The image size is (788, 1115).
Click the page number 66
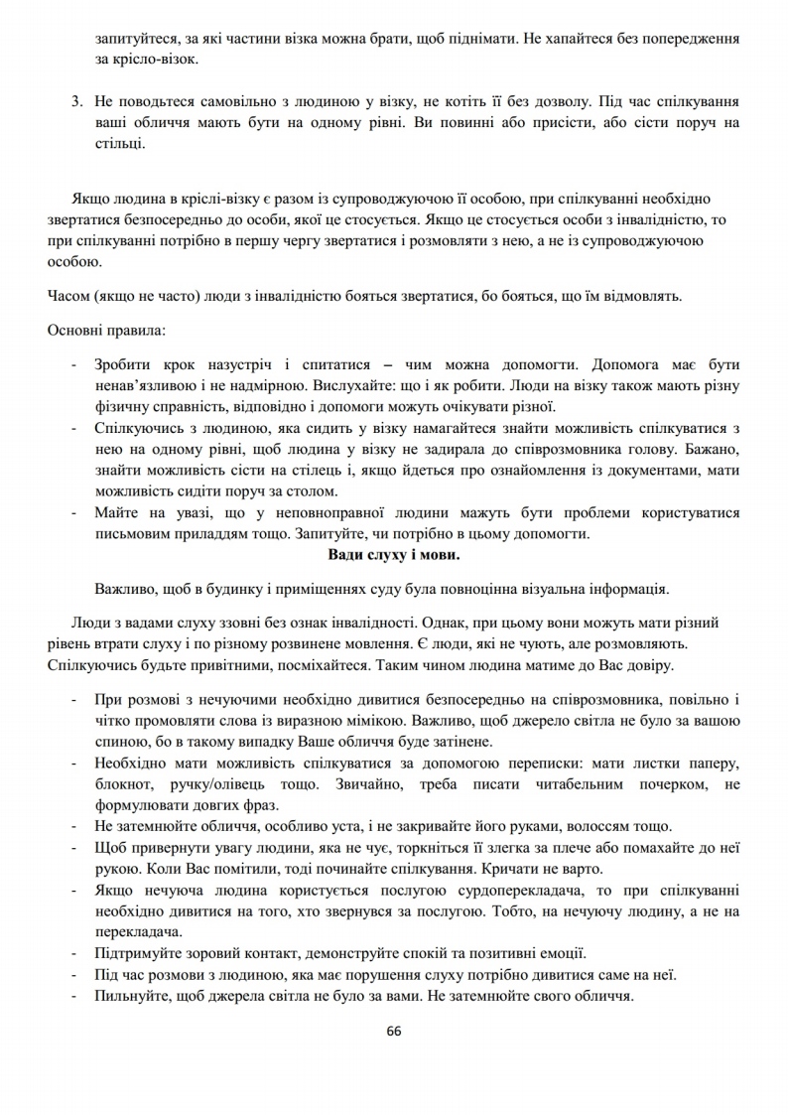pyautogui.click(x=394, y=1030)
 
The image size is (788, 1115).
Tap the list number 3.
pyautogui.click(x=75, y=102)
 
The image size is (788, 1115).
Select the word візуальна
pyautogui.click(x=537, y=587)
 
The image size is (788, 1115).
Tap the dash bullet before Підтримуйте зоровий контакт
pyautogui.click(x=75, y=953)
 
